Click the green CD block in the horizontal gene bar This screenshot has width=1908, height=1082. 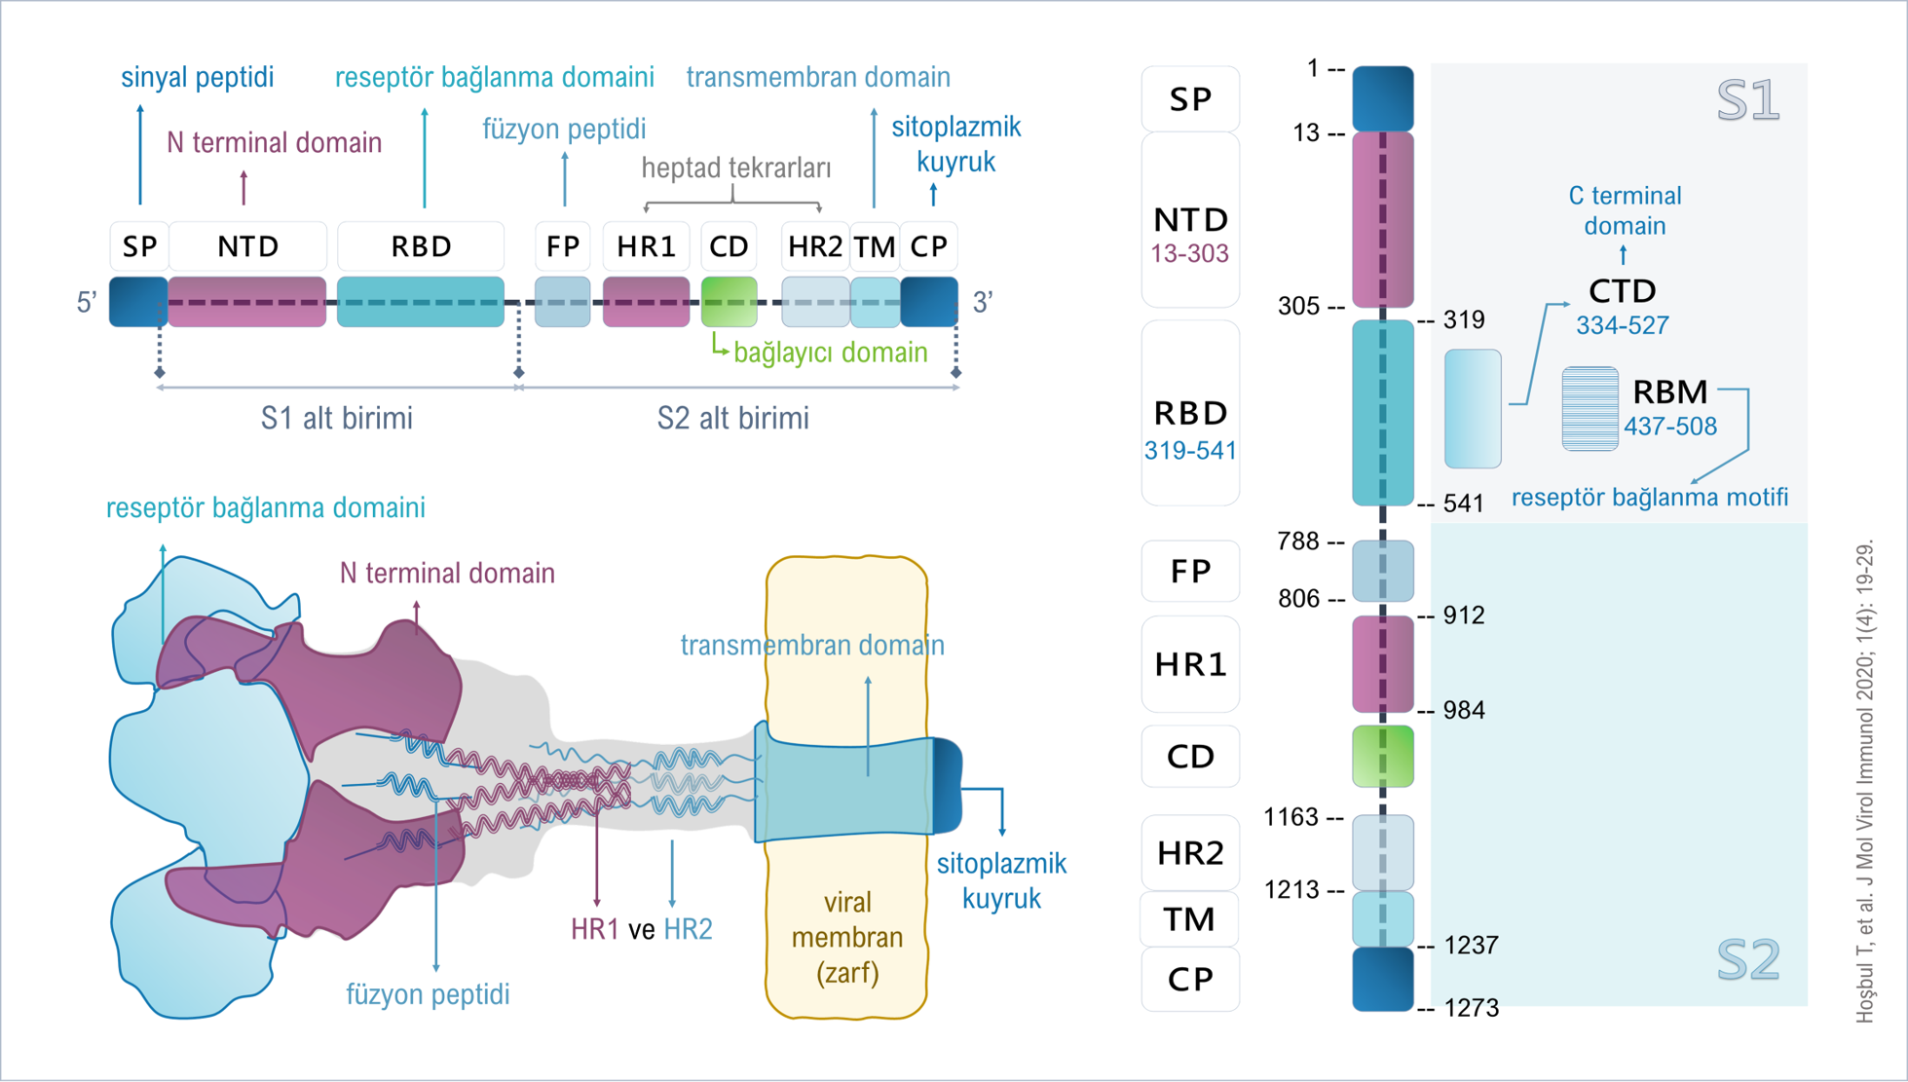coord(729,302)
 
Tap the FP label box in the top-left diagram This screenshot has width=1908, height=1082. coord(563,246)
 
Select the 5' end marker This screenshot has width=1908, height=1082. coord(87,303)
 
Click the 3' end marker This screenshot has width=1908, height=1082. coord(983,303)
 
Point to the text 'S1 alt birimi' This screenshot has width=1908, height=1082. coord(337,418)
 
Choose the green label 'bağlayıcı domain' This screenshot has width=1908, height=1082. coord(830,353)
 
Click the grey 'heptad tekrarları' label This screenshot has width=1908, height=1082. coord(736,168)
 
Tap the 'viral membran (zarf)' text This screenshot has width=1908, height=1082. coord(847,937)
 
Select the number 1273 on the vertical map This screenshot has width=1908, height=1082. coord(1471,1008)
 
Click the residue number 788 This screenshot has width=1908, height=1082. coord(1298,541)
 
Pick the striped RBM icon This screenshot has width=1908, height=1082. coord(1590,408)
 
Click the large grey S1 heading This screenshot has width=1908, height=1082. coord(1748,100)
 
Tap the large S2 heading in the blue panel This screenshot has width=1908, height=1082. coord(1748,959)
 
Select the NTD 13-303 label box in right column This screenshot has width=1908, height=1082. coord(1190,220)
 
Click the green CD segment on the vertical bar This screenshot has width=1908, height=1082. coord(1383,756)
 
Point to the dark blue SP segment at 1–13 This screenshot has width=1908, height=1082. coord(1383,98)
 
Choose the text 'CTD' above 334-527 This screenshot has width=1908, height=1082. coord(1623,290)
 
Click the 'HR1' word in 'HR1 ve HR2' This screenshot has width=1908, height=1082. coord(595,929)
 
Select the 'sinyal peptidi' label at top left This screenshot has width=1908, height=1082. coord(198,77)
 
